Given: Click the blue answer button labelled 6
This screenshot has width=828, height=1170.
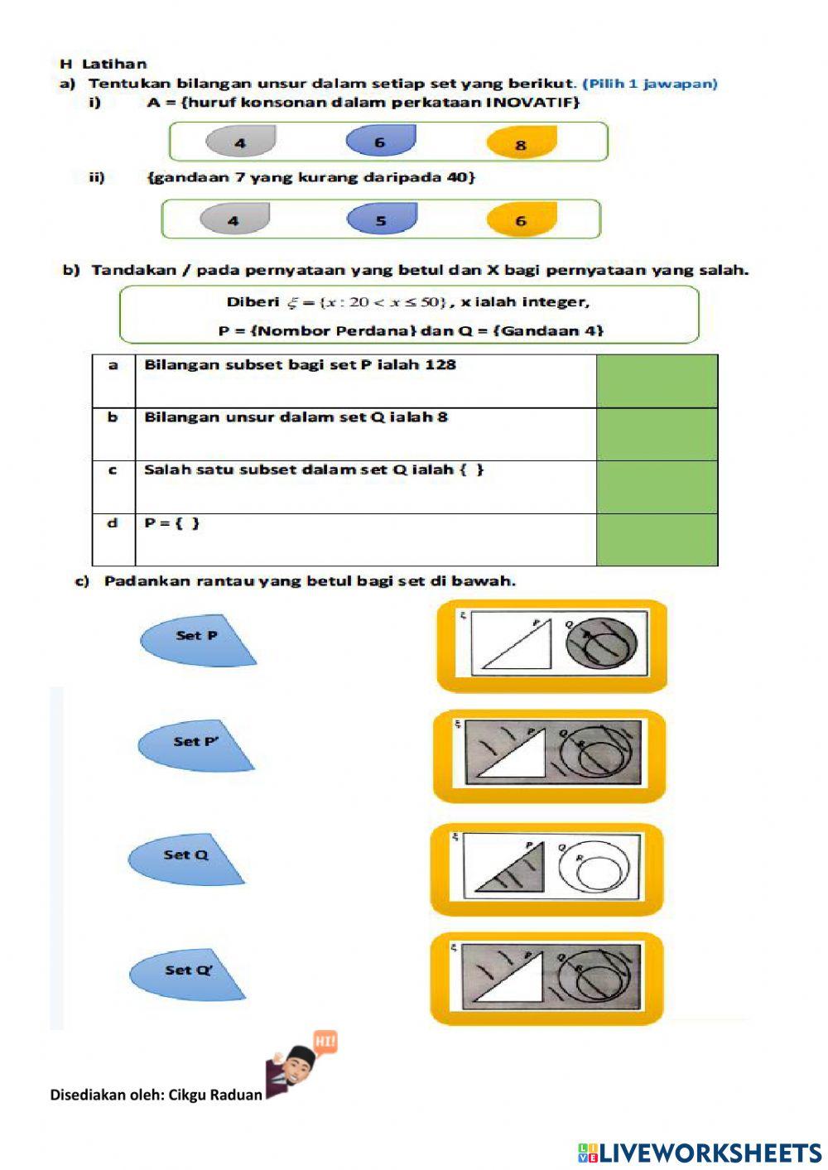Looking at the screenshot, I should tap(380, 142).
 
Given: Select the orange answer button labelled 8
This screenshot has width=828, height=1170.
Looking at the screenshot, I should tap(521, 144).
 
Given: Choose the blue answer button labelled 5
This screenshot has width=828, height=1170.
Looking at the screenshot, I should tap(381, 220).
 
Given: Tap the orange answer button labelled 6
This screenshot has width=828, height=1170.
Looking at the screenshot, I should tap(521, 220).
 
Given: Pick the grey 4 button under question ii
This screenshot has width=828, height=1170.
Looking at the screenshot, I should tap(234, 220).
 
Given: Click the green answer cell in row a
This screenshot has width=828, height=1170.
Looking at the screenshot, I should tap(657, 381).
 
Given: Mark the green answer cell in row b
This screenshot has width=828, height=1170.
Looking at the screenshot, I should tap(657, 434).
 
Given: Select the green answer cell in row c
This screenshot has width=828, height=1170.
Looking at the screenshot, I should tap(657, 487).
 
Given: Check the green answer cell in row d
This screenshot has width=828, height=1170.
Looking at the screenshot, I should tap(657, 540).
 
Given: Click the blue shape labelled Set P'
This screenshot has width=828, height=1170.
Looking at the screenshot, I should tap(195, 743).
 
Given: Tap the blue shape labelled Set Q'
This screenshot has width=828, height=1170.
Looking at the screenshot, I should tap(187, 971).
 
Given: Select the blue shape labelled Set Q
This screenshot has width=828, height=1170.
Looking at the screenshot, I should tap(185, 856).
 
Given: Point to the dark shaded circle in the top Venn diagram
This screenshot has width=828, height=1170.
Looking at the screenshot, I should tap(601, 643).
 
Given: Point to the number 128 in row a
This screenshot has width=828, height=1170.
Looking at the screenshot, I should tap(440, 364).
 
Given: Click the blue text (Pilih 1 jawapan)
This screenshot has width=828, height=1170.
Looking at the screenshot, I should tap(650, 84).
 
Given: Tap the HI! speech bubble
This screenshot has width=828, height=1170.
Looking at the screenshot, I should tap(325, 1041).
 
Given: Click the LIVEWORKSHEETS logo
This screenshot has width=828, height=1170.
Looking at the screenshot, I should tap(700, 1153).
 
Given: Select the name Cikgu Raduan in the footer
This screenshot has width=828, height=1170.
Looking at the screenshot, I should tap(215, 1095).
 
